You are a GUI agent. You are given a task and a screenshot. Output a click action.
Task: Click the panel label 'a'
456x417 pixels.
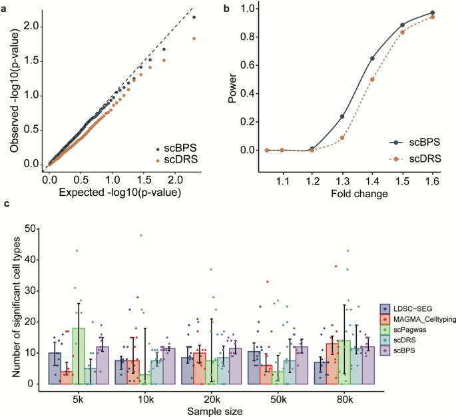5,6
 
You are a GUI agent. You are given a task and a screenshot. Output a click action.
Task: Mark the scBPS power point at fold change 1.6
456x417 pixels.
433,13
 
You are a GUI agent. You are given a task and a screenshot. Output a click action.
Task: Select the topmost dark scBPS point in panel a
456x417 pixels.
194,18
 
